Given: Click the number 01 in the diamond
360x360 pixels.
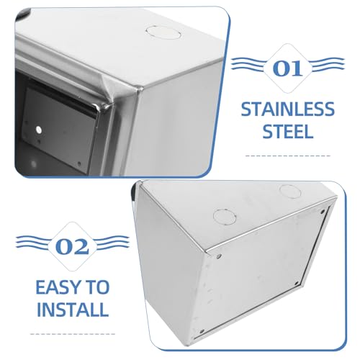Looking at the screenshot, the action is tap(287, 68).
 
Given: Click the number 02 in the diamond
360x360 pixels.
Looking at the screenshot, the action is tap(72, 247).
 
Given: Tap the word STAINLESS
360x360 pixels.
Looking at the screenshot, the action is tap(288, 109).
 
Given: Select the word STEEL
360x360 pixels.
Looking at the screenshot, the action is tap(288, 131).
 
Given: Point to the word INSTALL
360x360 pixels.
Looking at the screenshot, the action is tap(73, 309).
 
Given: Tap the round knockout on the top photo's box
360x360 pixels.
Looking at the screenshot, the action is tap(163, 32).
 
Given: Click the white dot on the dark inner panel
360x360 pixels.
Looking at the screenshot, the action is tap(38, 130).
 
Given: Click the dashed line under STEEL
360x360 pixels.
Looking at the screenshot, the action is tap(288, 156).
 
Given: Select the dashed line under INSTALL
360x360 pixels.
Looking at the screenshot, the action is tap(73, 334).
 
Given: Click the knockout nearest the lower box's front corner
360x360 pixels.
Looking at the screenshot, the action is tap(225, 217).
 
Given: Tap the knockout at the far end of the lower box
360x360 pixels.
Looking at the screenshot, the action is tap(290, 192).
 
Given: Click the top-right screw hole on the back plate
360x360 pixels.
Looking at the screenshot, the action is tap(323, 212).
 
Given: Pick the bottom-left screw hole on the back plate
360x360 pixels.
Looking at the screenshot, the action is tap(202, 331).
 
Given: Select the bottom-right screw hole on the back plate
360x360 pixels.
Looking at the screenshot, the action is tap(297, 284).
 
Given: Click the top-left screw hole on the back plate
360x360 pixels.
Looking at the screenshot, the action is tap(218, 257).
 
